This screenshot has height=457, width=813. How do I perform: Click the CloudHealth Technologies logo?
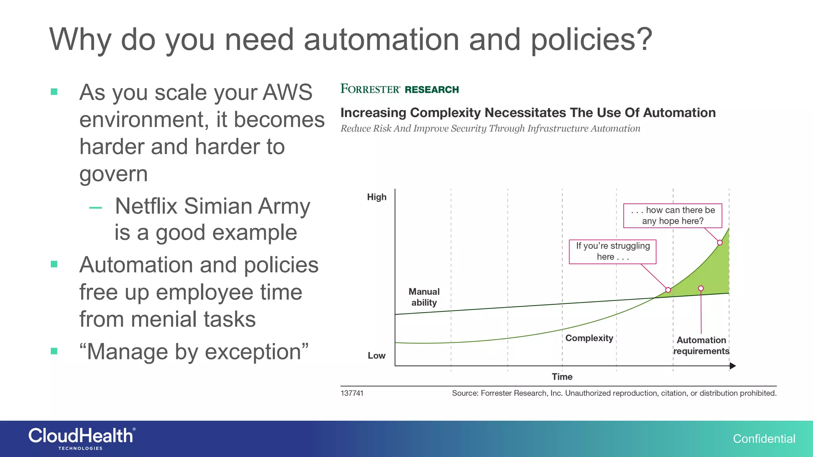pos(81,438)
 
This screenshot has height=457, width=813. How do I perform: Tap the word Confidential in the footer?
pos(764,439)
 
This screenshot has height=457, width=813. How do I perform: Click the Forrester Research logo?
pos(399,89)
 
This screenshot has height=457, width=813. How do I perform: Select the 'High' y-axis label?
pos(376,197)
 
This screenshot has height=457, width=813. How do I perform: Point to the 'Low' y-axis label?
pos(376,355)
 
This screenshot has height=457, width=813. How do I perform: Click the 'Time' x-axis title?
pos(562,377)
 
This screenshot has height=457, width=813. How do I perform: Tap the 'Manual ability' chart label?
pos(424,297)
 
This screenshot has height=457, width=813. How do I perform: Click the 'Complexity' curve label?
pos(589,338)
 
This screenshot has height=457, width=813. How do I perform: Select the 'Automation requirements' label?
pos(701,346)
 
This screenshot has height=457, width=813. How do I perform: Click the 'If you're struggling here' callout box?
pos(613,252)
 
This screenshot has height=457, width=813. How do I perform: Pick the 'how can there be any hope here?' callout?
pos(672,215)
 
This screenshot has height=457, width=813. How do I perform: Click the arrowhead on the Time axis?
pos(732,366)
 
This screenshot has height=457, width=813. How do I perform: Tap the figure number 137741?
pos(352,393)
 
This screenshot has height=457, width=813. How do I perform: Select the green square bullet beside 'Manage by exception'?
pos(54,351)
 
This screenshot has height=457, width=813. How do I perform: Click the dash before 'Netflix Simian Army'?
pos(96,207)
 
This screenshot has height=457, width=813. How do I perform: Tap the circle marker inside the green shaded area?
pos(701,288)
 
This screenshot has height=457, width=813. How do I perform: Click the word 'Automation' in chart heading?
pos(679,113)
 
